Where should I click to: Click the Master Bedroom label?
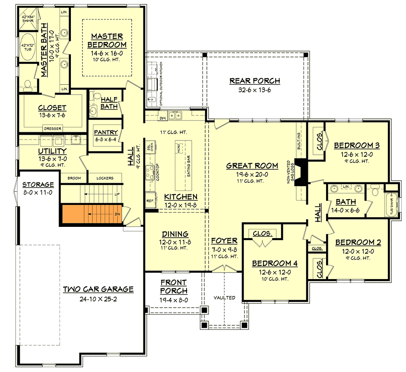tap(107, 41)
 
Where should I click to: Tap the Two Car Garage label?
tap(98, 289)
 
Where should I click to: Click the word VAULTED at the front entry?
tap(225, 298)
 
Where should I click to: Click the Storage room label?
tap(38, 184)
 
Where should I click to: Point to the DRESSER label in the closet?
tap(53, 128)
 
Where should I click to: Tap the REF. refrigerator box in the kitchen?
tap(150, 201)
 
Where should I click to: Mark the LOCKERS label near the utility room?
tap(105, 178)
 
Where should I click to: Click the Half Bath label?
tap(109, 102)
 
